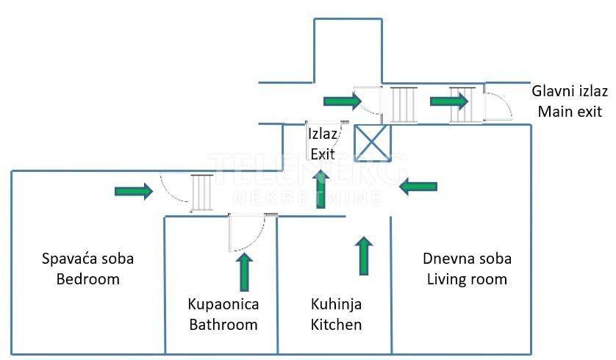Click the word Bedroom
(x=88, y=279)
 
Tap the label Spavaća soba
(x=88, y=259)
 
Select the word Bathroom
(x=223, y=325)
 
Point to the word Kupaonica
(x=223, y=304)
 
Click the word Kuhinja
(x=336, y=304)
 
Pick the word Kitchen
(x=336, y=325)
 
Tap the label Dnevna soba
(x=467, y=259)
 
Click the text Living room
(x=467, y=279)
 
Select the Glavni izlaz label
(x=570, y=91)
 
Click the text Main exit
(x=570, y=112)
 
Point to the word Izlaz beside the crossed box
(x=322, y=134)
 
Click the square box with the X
(x=373, y=143)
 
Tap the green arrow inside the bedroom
(x=134, y=191)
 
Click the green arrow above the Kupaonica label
(x=245, y=272)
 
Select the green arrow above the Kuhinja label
(x=364, y=256)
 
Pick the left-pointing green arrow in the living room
(x=418, y=186)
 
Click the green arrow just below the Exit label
(x=321, y=189)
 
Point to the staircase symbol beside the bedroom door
(x=202, y=192)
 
